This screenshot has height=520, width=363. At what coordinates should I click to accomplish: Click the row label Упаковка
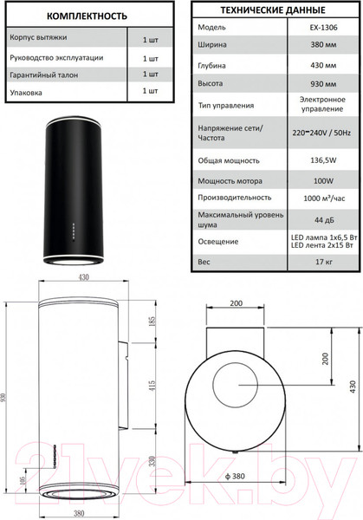[25, 91]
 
